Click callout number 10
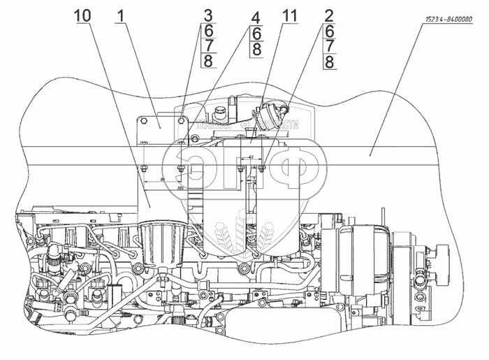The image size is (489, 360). (x=83, y=14)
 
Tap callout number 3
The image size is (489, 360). (x=188, y=14)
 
